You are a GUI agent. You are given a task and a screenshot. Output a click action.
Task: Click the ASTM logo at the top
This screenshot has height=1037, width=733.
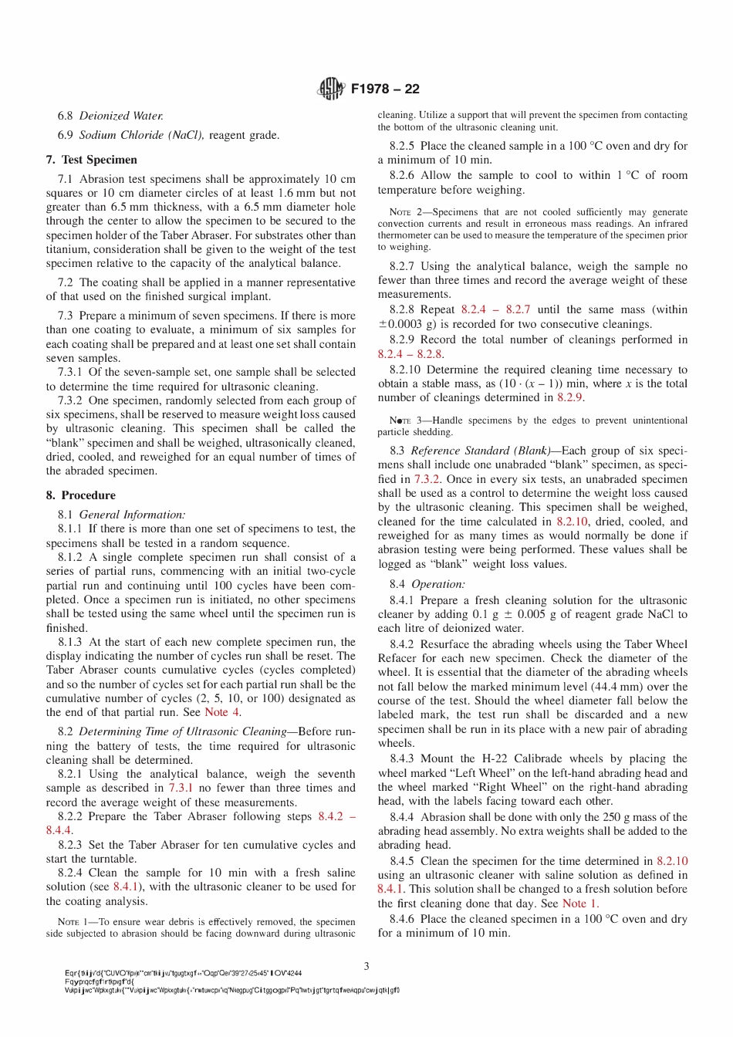(x=331, y=89)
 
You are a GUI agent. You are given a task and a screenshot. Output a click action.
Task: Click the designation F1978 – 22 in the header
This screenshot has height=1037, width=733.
(x=385, y=89)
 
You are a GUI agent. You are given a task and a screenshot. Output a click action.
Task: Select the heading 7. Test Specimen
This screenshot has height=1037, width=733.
(x=91, y=160)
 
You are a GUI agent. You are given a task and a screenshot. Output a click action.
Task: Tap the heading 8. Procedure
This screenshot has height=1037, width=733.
(x=80, y=495)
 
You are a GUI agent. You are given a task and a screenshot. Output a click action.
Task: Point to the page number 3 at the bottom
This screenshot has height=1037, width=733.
(x=366, y=965)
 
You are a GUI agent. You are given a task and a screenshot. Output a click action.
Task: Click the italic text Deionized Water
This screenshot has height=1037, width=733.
(x=121, y=116)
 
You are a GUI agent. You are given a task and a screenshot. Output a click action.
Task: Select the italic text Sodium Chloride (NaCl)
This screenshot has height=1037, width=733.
(x=141, y=135)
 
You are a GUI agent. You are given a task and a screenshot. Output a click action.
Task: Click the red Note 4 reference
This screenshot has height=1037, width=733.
(x=221, y=712)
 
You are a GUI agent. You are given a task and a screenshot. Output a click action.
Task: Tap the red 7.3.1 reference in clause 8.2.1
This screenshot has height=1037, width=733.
(x=181, y=788)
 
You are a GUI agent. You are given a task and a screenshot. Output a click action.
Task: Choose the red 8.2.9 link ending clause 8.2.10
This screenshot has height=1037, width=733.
(x=569, y=397)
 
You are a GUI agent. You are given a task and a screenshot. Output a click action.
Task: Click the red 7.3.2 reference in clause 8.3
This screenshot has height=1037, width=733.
(x=427, y=479)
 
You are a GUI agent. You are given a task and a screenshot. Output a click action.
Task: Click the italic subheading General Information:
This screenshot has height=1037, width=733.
(x=132, y=514)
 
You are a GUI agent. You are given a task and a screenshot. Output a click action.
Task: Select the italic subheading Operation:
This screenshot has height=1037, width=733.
(x=438, y=584)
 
